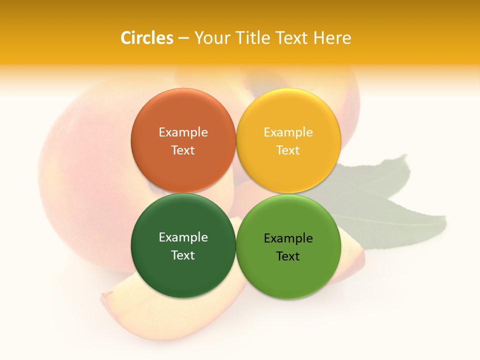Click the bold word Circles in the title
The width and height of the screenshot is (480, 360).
click(x=146, y=38)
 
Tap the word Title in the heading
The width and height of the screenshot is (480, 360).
click(x=251, y=38)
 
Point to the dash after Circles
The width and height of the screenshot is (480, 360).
click(x=183, y=38)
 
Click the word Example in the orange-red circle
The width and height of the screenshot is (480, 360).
click(x=183, y=132)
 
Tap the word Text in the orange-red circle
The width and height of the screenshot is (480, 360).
click(x=183, y=150)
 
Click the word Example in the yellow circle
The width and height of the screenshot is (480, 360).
click(x=288, y=132)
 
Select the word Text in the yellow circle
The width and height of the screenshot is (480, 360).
click(x=288, y=150)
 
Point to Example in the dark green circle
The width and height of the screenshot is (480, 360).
click(x=183, y=237)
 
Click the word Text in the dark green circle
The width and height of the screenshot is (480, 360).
click(x=183, y=255)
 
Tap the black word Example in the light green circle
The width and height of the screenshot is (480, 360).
click(x=288, y=238)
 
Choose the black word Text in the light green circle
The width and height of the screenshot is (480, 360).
click(x=288, y=256)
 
